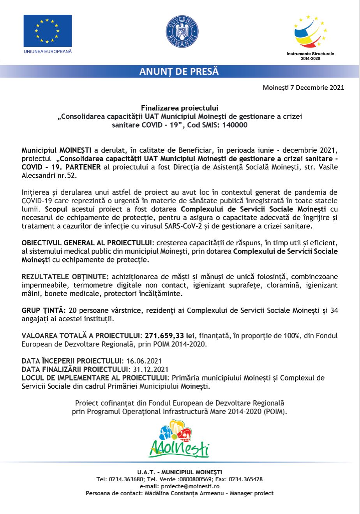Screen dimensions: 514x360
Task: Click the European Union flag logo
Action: coord(48,31)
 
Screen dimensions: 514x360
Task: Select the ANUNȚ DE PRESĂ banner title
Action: coord(179,72)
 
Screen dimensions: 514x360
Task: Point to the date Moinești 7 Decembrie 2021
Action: coord(304,88)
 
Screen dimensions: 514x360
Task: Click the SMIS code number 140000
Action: coord(235,125)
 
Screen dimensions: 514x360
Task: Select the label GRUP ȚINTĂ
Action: coord(44,310)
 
